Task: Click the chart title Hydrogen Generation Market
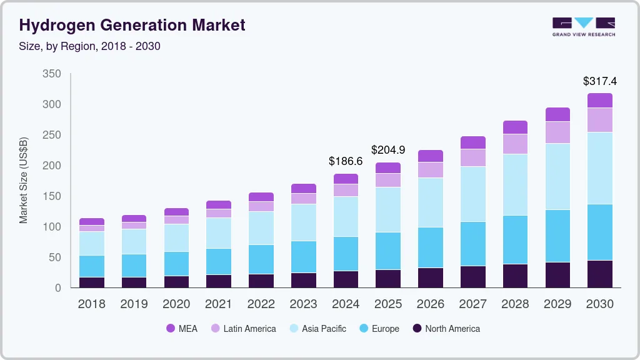pos(132,25)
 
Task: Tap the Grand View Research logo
pos(583,27)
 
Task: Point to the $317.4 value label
pos(599,81)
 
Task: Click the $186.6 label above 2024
pos(346,161)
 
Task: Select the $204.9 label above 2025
pos(388,150)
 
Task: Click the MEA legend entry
pos(182,329)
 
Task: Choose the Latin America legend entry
pos(243,329)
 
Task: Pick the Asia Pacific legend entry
pos(317,329)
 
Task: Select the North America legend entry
pos(446,329)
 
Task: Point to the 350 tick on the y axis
pos(52,74)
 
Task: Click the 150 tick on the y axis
pos(52,196)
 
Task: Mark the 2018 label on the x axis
pos(91,304)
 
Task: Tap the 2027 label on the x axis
pos(473,304)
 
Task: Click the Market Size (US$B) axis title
pos(24,179)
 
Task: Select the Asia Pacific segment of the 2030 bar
pos(600,168)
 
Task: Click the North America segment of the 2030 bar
pos(600,274)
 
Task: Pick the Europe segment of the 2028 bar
pos(515,239)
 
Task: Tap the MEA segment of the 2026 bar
pos(431,156)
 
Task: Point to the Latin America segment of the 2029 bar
pos(557,132)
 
